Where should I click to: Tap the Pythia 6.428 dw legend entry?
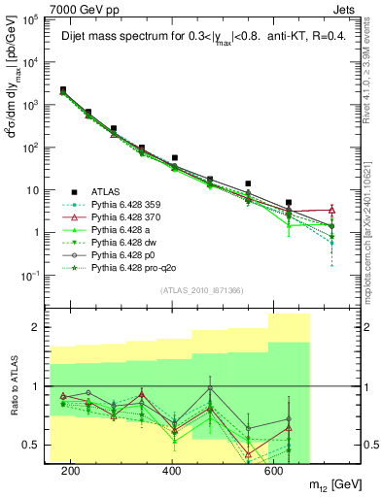(122, 240)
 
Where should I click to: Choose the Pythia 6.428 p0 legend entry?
(122, 251)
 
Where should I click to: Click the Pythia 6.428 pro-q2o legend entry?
(129, 264)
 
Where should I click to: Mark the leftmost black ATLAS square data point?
(63, 89)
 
